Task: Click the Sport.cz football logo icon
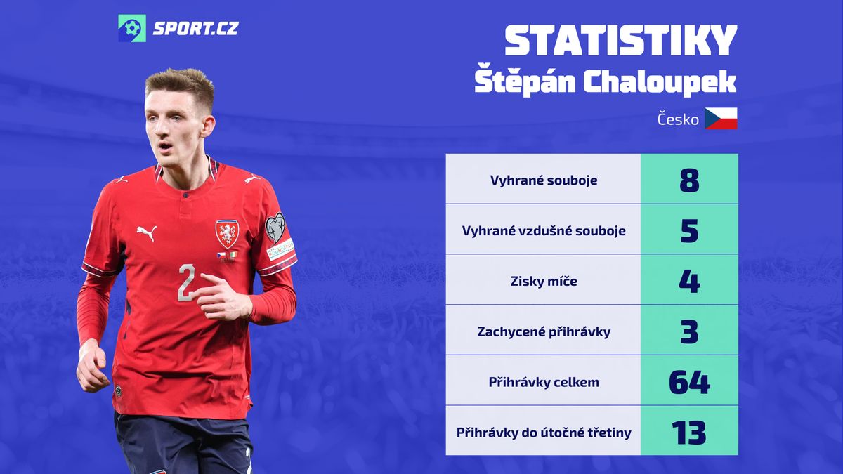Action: click(x=132, y=28)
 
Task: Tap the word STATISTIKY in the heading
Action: click(x=620, y=41)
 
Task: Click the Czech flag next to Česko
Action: click(x=721, y=119)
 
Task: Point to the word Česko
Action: click(x=678, y=119)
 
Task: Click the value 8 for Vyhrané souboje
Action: click(x=689, y=180)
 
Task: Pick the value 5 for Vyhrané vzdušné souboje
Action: click(x=689, y=231)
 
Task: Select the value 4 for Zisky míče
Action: click(x=689, y=282)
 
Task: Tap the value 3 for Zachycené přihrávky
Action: click(x=689, y=331)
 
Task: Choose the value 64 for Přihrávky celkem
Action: click(x=689, y=382)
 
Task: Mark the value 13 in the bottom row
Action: click(x=689, y=433)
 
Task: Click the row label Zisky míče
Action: click(x=544, y=282)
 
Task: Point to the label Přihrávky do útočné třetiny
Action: click(x=544, y=433)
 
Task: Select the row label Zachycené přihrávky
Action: click(x=544, y=332)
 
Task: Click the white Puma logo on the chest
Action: click(x=146, y=233)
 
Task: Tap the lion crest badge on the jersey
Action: click(x=227, y=234)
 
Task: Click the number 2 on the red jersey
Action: click(x=187, y=282)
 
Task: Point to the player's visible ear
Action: click(x=208, y=126)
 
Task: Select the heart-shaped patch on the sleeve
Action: click(x=275, y=228)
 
